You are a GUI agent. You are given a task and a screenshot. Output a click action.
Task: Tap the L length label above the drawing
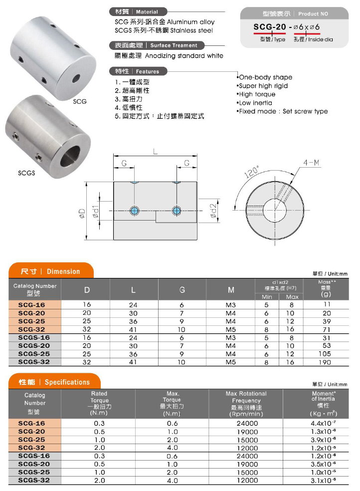tap(156, 152)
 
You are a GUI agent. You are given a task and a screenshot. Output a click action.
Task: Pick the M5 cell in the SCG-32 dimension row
tap(231, 329)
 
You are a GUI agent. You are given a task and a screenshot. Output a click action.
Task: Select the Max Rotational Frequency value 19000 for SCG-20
tap(246, 431)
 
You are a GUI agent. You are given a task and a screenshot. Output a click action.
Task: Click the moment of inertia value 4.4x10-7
tap(324, 423)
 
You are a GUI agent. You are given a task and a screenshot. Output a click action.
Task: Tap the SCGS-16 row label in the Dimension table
tap(34, 337)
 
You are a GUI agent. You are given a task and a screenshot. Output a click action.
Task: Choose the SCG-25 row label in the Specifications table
tap(34, 440)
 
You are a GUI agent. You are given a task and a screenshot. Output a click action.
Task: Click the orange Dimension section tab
tap(50, 271)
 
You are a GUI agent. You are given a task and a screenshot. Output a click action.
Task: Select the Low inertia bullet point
tap(255, 103)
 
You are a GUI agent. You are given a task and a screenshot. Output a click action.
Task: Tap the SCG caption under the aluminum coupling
tap(80, 101)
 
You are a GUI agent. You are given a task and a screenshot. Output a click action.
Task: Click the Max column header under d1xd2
tap(292, 297)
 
